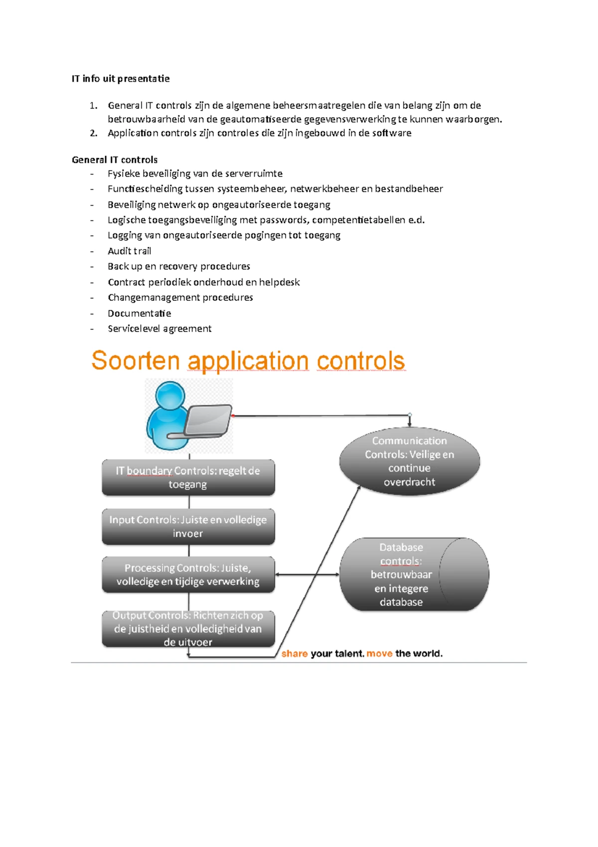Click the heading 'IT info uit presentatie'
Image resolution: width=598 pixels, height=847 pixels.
coord(121,79)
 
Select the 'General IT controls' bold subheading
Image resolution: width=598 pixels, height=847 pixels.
coord(115,160)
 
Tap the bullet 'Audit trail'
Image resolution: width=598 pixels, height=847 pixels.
coord(130,251)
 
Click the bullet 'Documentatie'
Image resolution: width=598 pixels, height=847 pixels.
coord(140,313)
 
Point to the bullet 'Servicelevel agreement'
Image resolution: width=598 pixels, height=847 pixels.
coord(159,329)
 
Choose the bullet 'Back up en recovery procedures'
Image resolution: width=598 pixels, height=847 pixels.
coord(179,266)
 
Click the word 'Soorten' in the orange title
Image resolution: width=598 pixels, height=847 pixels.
coord(136,361)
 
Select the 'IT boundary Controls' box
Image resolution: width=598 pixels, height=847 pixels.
coord(188,477)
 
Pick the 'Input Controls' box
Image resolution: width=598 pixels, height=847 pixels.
coord(188,526)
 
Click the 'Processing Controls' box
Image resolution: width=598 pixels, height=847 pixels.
coord(188,575)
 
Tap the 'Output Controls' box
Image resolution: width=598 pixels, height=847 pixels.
coord(188,629)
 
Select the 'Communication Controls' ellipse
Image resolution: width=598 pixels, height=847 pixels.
coord(410,461)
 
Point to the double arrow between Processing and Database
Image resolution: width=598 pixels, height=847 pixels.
coord(307,575)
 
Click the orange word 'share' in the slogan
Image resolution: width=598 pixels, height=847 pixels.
coord(295,654)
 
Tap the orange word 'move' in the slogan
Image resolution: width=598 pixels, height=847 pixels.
coord(380,654)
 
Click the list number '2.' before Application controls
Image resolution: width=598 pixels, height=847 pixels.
coord(94,133)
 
